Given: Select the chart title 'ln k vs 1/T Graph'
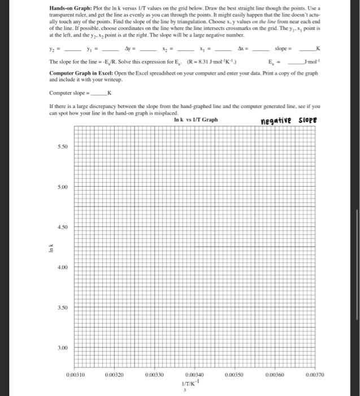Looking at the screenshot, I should (x=196, y=119).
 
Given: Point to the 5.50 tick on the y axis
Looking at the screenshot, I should (x=62, y=146).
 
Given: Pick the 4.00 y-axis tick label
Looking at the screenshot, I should (x=62, y=268).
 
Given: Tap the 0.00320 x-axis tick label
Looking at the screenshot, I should (x=114, y=375).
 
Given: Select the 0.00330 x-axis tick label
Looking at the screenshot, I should (x=154, y=375).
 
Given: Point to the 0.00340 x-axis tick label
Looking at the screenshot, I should (x=193, y=375).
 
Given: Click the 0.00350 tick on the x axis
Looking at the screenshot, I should (x=233, y=375).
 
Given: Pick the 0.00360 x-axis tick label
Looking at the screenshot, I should (x=272, y=375).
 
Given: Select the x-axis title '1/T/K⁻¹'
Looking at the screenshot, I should (x=193, y=382).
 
